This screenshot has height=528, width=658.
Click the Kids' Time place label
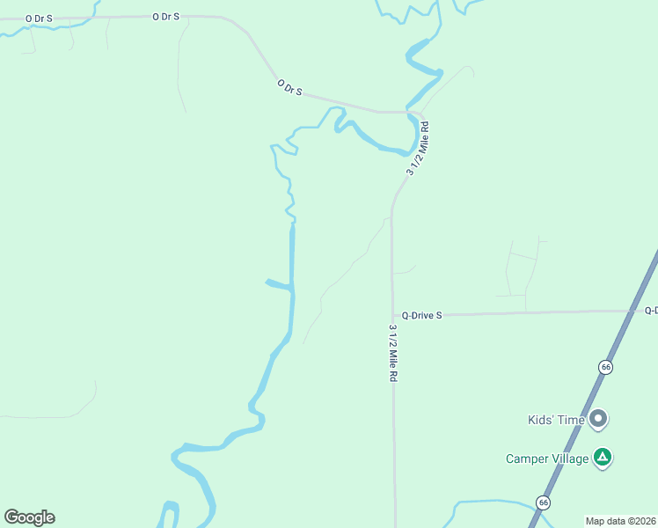[x=555, y=420]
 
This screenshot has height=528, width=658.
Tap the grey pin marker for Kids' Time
[x=598, y=419]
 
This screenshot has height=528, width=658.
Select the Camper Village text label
[x=545, y=458]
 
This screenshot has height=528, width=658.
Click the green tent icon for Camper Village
[x=602, y=458]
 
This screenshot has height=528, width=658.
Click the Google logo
[x=29, y=517]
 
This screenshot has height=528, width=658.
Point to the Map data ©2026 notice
[x=621, y=521]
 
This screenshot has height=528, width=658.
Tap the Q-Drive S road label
[x=421, y=314]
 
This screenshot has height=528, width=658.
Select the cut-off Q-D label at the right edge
[x=651, y=311]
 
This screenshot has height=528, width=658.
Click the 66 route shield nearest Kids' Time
[x=604, y=366]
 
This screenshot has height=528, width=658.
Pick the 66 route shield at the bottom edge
[x=544, y=502]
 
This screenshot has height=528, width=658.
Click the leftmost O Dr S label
[x=40, y=18]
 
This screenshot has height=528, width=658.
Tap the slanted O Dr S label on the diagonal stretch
[x=289, y=87]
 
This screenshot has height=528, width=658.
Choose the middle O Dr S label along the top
[x=165, y=17]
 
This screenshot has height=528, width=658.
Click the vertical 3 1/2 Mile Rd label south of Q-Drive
[x=393, y=353]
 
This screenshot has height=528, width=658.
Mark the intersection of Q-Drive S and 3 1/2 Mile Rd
[x=392, y=314]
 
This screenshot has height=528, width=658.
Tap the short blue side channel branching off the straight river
[x=278, y=283]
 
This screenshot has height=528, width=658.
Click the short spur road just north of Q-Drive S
[x=404, y=271]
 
